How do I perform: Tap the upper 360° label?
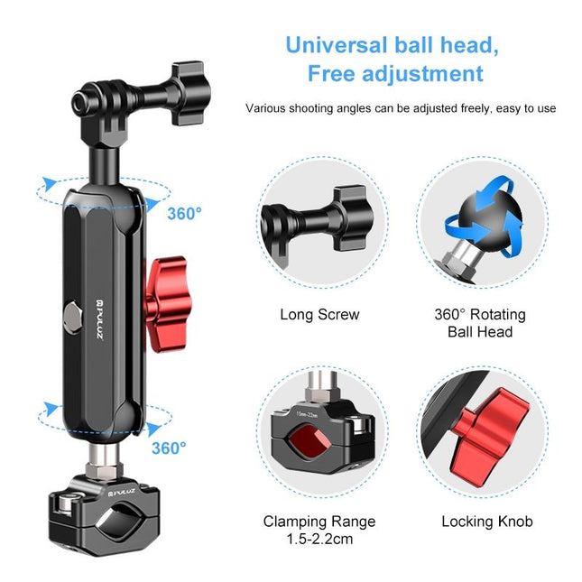point(184,214)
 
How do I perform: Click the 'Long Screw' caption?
point(319,315)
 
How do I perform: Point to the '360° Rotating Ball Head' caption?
point(480,323)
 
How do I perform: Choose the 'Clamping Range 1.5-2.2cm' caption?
point(319,530)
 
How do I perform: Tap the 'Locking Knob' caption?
point(486,522)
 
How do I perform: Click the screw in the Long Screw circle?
point(316,221)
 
